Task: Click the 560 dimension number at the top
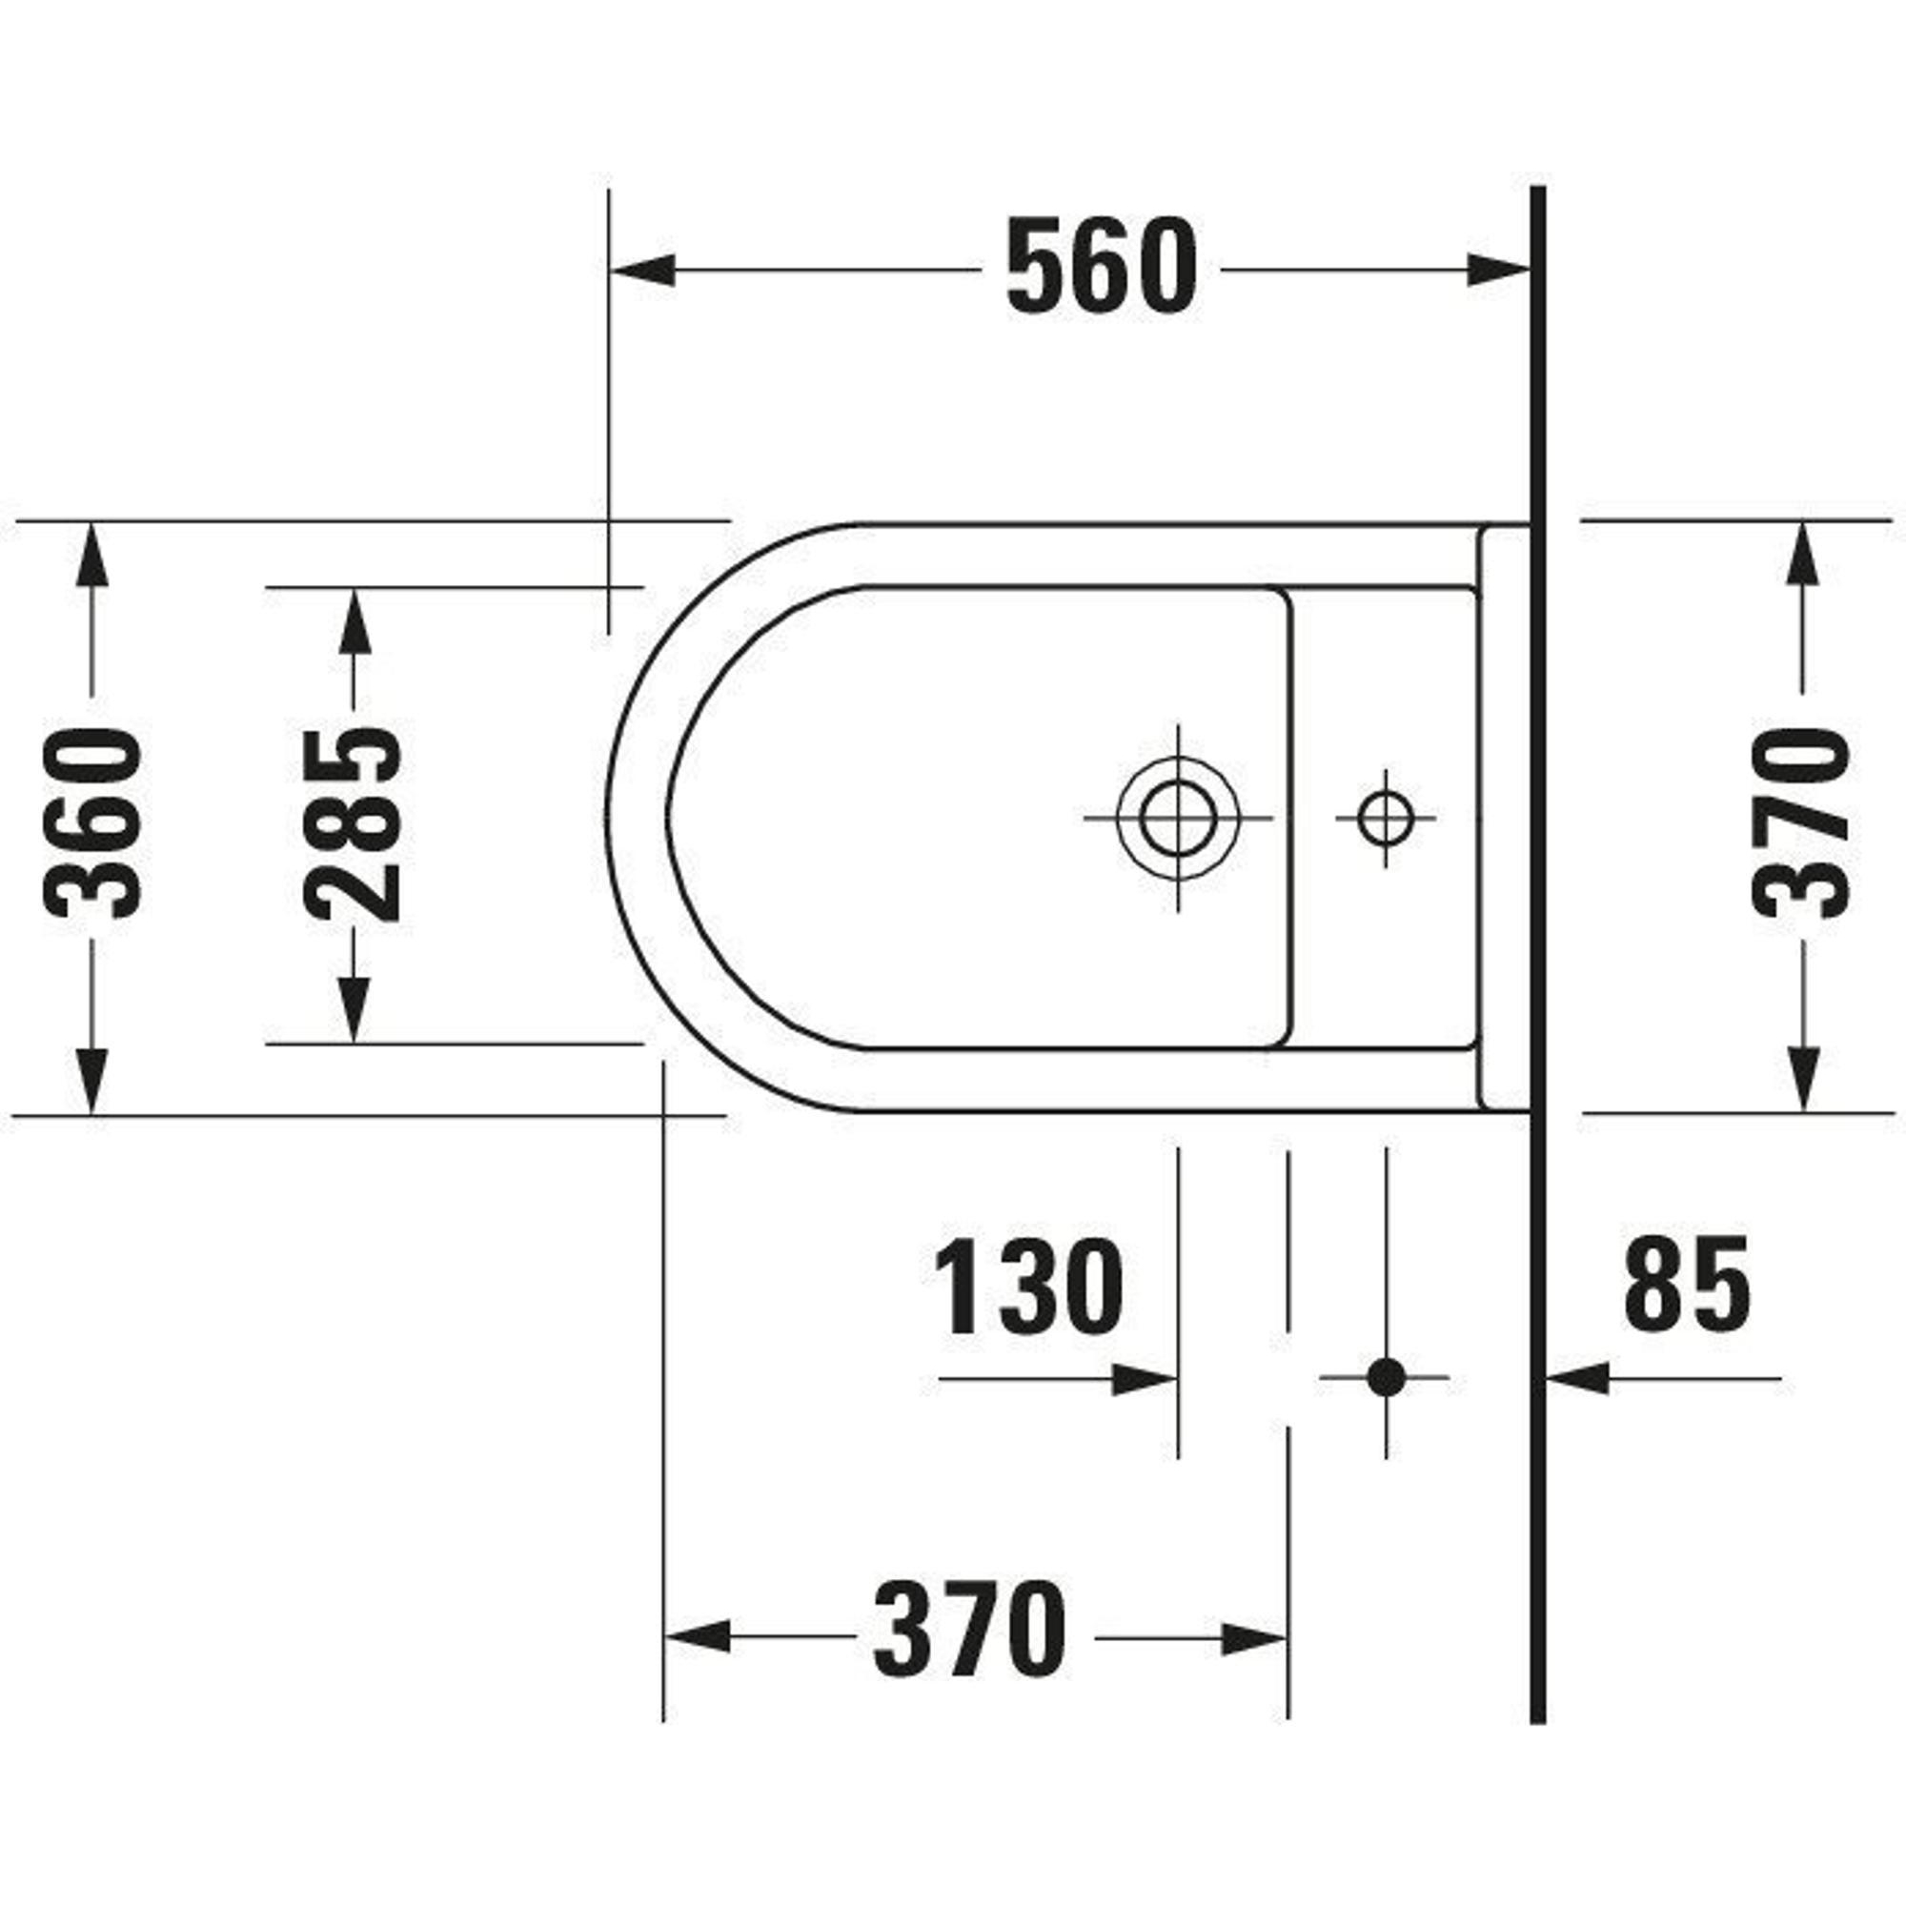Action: point(1101,269)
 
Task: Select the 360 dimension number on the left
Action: point(93,823)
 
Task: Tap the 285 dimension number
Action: point(354,823)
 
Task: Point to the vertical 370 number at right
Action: point(1801,821)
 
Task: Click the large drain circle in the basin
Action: point(1178,819)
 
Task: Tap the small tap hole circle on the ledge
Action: point(1385,818)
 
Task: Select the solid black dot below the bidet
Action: point(1386,1376)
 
